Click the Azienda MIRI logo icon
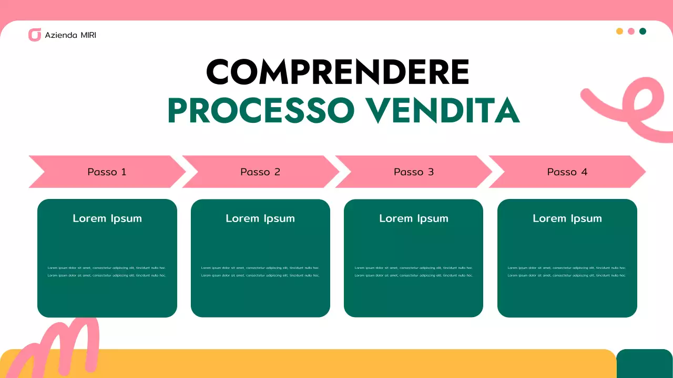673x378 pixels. tap(35, 35)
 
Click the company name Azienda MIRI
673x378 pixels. tap(70, 35)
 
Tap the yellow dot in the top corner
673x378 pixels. tap(619, 31)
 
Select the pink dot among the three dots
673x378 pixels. tap(631, 31)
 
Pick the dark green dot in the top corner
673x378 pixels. tap(643, 31)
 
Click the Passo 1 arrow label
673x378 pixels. tap(107, 172)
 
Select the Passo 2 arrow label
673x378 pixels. tap(260, 172)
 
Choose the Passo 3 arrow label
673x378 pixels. tap(414, 172)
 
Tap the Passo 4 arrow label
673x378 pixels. tap(567, 172)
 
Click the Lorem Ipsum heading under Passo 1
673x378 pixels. tap(107, 218)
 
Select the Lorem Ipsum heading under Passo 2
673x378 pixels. tap(260, 218)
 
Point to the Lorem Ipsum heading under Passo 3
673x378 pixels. tap(414, 218)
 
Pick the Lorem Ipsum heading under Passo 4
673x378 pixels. tap(567, 218)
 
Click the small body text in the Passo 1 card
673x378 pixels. tap(107, 271)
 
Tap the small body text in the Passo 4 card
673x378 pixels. tap(567, 271)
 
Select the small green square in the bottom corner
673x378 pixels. tap(644, 363)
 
